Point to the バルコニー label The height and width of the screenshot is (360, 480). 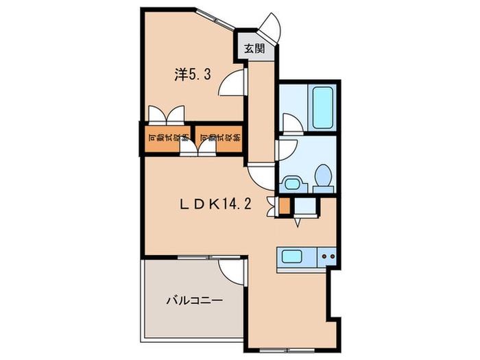point(193,300)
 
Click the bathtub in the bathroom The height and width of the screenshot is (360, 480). point(320,108)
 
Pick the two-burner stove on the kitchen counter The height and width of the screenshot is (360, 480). point(327,258)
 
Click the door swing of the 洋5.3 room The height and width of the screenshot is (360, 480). point(232,82)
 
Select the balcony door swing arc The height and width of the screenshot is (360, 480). point(232,271)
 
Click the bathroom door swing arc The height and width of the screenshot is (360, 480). point(289,123)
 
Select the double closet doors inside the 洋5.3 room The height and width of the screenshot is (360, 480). point(165,112)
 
